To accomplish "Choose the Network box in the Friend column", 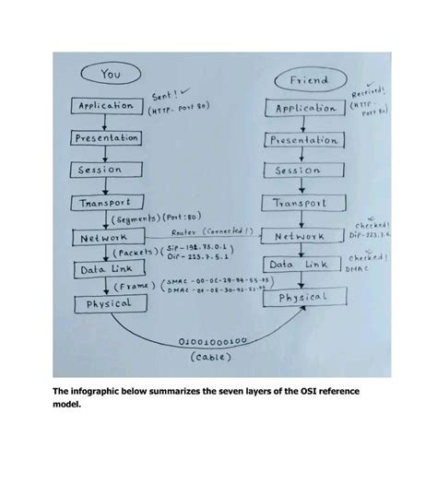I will [300, 236].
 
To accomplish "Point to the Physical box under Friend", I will [302, 297].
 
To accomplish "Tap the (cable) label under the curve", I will [213, 355].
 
